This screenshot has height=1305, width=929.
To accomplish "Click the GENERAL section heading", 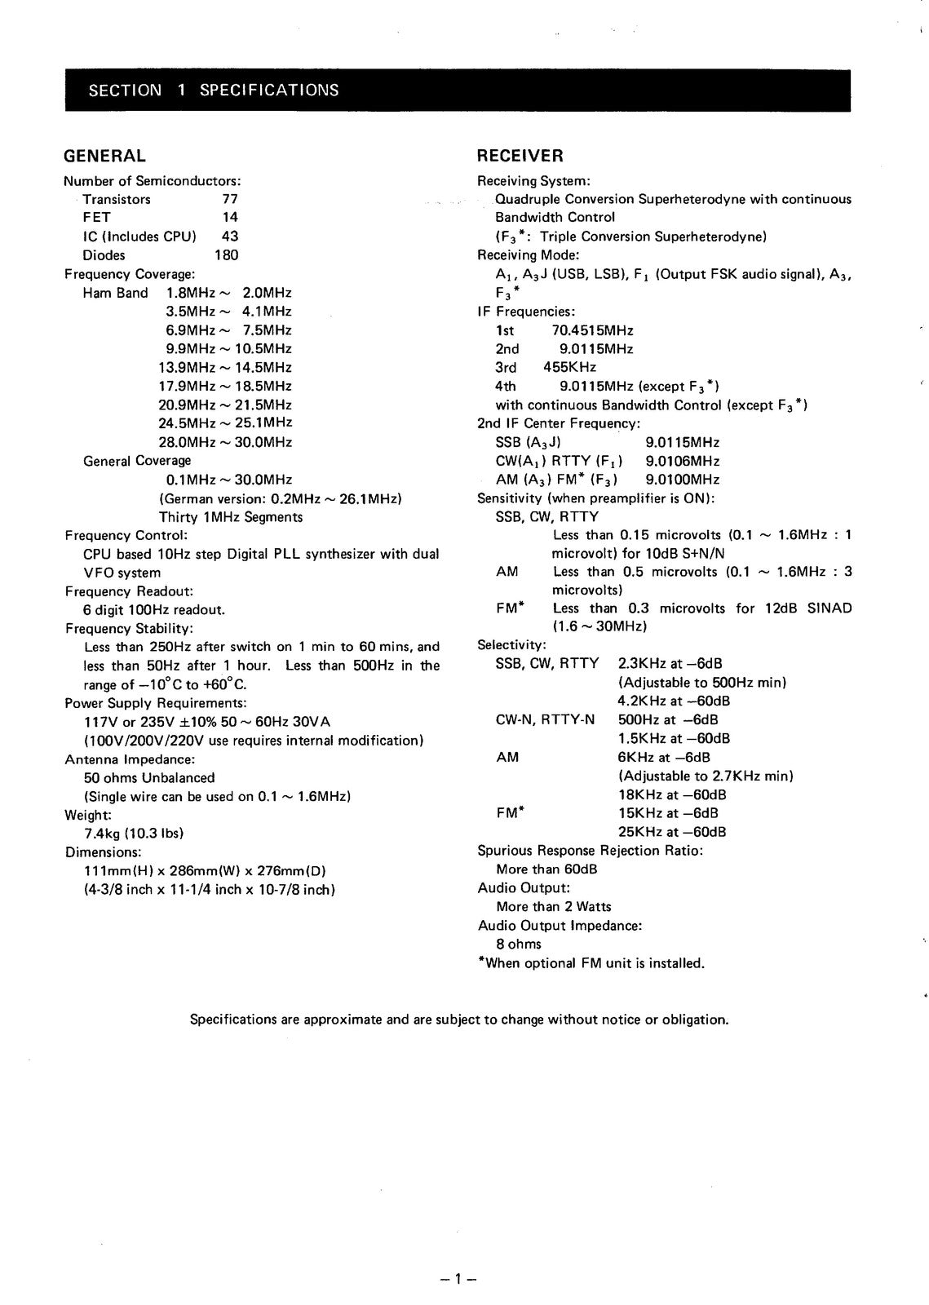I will click(x=105, y=156).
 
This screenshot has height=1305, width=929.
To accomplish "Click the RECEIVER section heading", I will click(x=520, y=156).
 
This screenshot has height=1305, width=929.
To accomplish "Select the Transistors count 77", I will click(x=229, y=199).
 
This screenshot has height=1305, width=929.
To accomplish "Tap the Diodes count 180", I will click(x=226, y=255).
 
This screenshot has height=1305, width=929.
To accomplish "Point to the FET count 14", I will click(x=230, y=218).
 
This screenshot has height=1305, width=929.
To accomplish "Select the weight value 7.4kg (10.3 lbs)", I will click(x=134, y=834).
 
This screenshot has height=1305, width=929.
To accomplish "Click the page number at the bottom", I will click(x=458, y=1279).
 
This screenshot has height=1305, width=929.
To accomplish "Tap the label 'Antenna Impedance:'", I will click(x=130, y=759).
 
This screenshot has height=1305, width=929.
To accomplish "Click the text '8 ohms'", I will click(x=518, y=944).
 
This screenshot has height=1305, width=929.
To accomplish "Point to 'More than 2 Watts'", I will click(x=553, y=907).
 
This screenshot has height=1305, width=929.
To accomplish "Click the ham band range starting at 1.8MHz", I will click(x=228, y=293).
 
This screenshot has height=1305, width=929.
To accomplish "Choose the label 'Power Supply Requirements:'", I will click(x=156, y=703).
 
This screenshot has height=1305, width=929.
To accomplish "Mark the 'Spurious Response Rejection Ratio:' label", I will click(x=590, y=851).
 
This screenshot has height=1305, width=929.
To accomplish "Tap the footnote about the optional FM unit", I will click(x=591, y=963).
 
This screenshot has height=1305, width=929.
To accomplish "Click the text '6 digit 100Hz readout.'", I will click(x=154, y=610).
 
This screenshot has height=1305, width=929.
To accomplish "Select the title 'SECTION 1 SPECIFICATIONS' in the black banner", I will click(x=214, y=91).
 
